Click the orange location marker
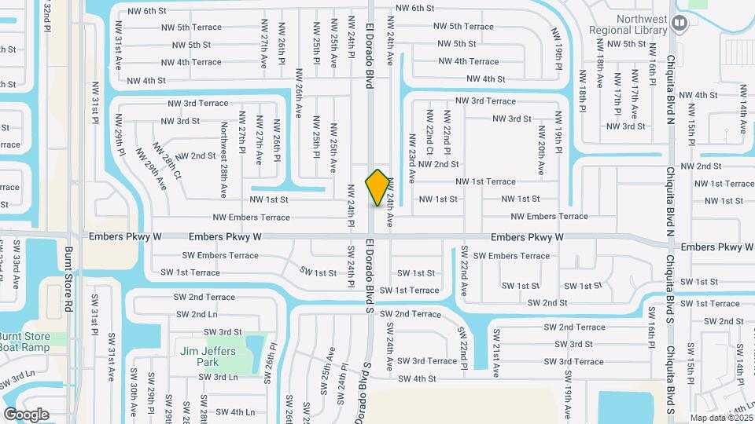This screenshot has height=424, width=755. [x=378, y=187]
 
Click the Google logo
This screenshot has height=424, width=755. [x=26, y=415]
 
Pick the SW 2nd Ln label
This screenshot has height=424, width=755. [x=197, y=314]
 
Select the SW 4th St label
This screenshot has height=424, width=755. [x=417, y=378]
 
